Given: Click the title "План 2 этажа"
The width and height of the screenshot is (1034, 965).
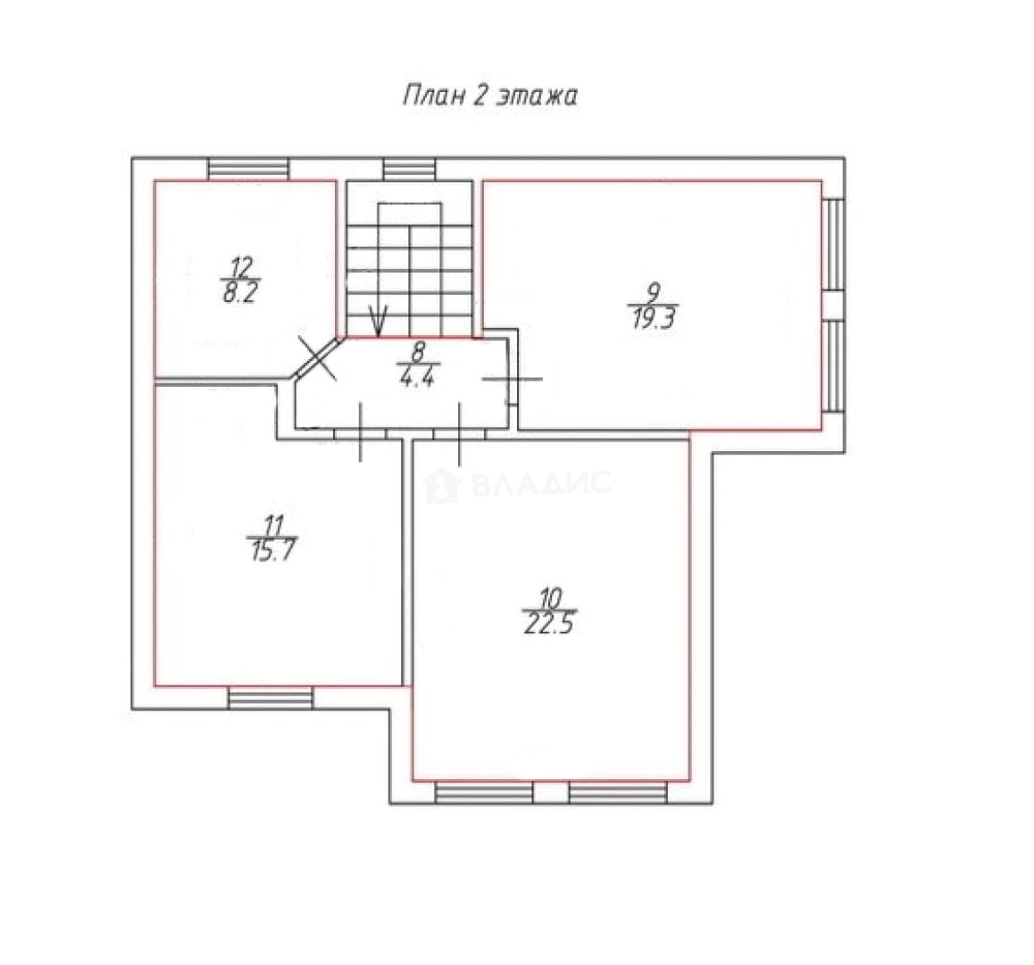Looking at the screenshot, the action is [x=490, y=96].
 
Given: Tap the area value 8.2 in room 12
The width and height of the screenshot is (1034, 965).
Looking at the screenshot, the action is [x=239, y=292].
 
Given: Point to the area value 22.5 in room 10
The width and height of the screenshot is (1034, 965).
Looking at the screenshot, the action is [x=548, y=623].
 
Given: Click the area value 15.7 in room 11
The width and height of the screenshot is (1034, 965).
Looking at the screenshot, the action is [x=271, y=550].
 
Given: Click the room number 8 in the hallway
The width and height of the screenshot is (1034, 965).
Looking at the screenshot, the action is [x=419, y=352].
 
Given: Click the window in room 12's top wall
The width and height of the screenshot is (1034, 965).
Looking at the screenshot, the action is [x=248, y=169].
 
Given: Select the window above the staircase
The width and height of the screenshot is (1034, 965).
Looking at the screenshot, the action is [x=410, y=169].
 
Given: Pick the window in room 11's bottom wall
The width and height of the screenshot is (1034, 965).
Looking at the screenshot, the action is [x=271, y=699].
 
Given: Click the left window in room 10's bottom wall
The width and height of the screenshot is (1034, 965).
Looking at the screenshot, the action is [x=484, y=793].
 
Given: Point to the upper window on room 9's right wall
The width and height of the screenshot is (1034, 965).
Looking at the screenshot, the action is [x=834, y=244].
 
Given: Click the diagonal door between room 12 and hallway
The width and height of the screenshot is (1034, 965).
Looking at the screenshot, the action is [x=317, y=357].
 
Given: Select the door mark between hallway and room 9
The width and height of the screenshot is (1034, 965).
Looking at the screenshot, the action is [x=513, y=379].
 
